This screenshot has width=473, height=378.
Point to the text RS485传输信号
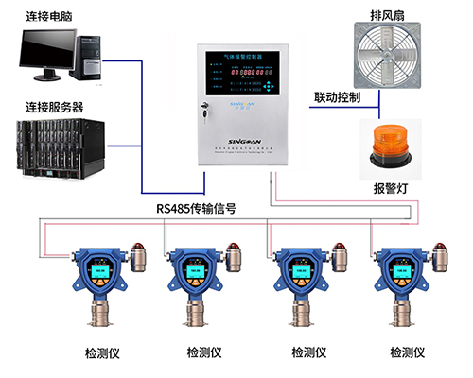pyautogui.click(x=194, y=209)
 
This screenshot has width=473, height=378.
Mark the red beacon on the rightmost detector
pyautogui.click(x=440, y=252)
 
